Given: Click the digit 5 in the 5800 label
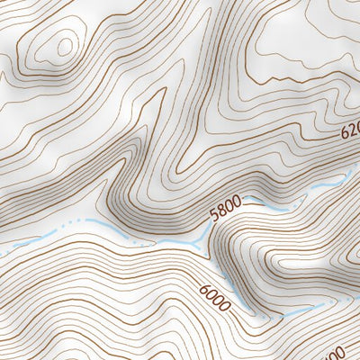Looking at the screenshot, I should [x=213, y=218].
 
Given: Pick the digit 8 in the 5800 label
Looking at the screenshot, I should [x=221, y=214].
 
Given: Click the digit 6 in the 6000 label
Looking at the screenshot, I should [x=203, y=289].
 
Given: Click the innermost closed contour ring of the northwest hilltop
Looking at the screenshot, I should [x=63, y=45].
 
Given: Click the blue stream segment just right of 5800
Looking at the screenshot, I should [x=261, y=203].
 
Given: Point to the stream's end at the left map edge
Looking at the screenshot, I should [x=3, y=251].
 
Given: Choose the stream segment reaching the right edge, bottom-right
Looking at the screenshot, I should [x=346, y=296].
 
